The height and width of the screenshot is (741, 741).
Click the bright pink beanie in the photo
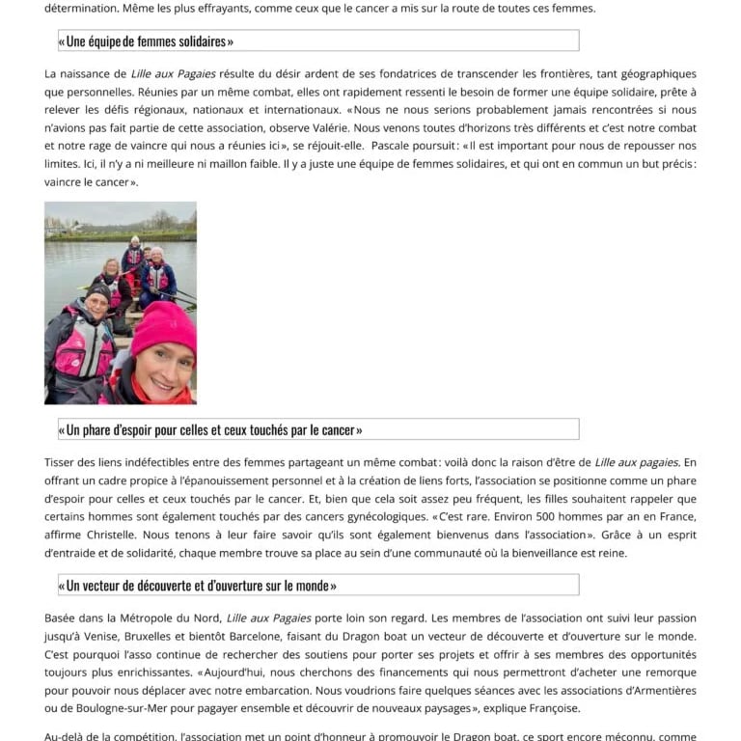click(x=164, y=329)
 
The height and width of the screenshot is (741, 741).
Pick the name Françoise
click(x=549, y=708)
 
